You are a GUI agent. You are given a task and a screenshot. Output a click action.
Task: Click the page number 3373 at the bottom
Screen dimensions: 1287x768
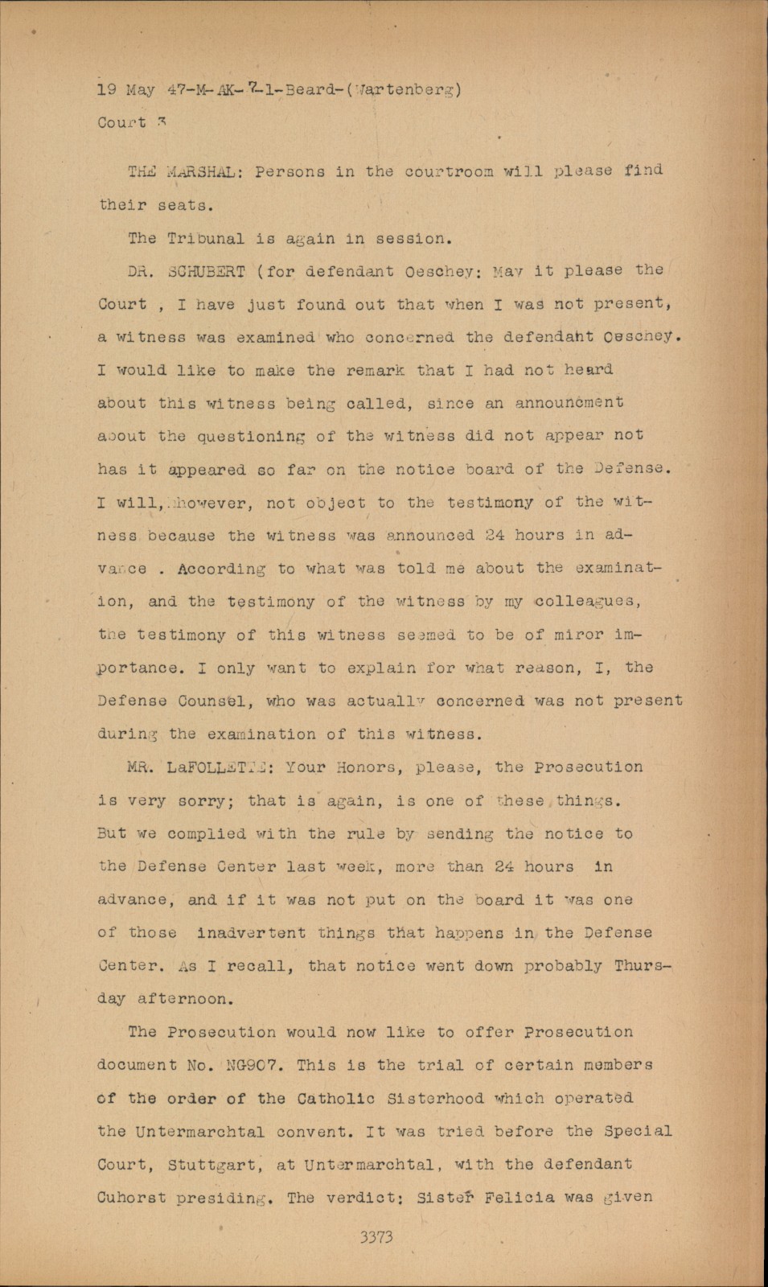coord(376,1238)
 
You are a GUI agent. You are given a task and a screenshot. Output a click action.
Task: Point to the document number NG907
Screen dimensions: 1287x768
coord(252,1065)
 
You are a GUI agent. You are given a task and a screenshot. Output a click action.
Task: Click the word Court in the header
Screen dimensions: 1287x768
coord(121,123)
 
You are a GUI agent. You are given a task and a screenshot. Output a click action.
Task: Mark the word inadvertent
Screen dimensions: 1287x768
coord(251,933)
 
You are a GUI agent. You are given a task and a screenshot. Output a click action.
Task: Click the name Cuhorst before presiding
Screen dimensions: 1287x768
coord(132,1198)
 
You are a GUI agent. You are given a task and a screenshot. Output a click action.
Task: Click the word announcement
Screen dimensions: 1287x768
coord(565,402)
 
